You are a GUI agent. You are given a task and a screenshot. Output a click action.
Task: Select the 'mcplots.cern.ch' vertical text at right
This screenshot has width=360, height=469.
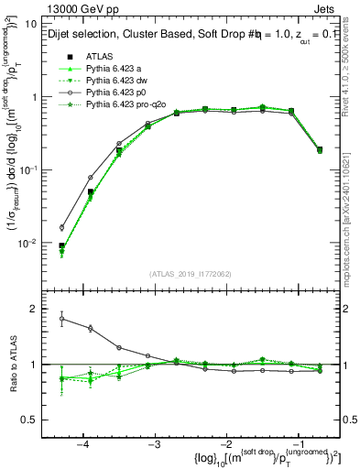pyautogui.click(x=349, y=238)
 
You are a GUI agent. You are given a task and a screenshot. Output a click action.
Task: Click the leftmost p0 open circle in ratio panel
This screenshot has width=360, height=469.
pyautogui.click(x=62, y=319)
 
